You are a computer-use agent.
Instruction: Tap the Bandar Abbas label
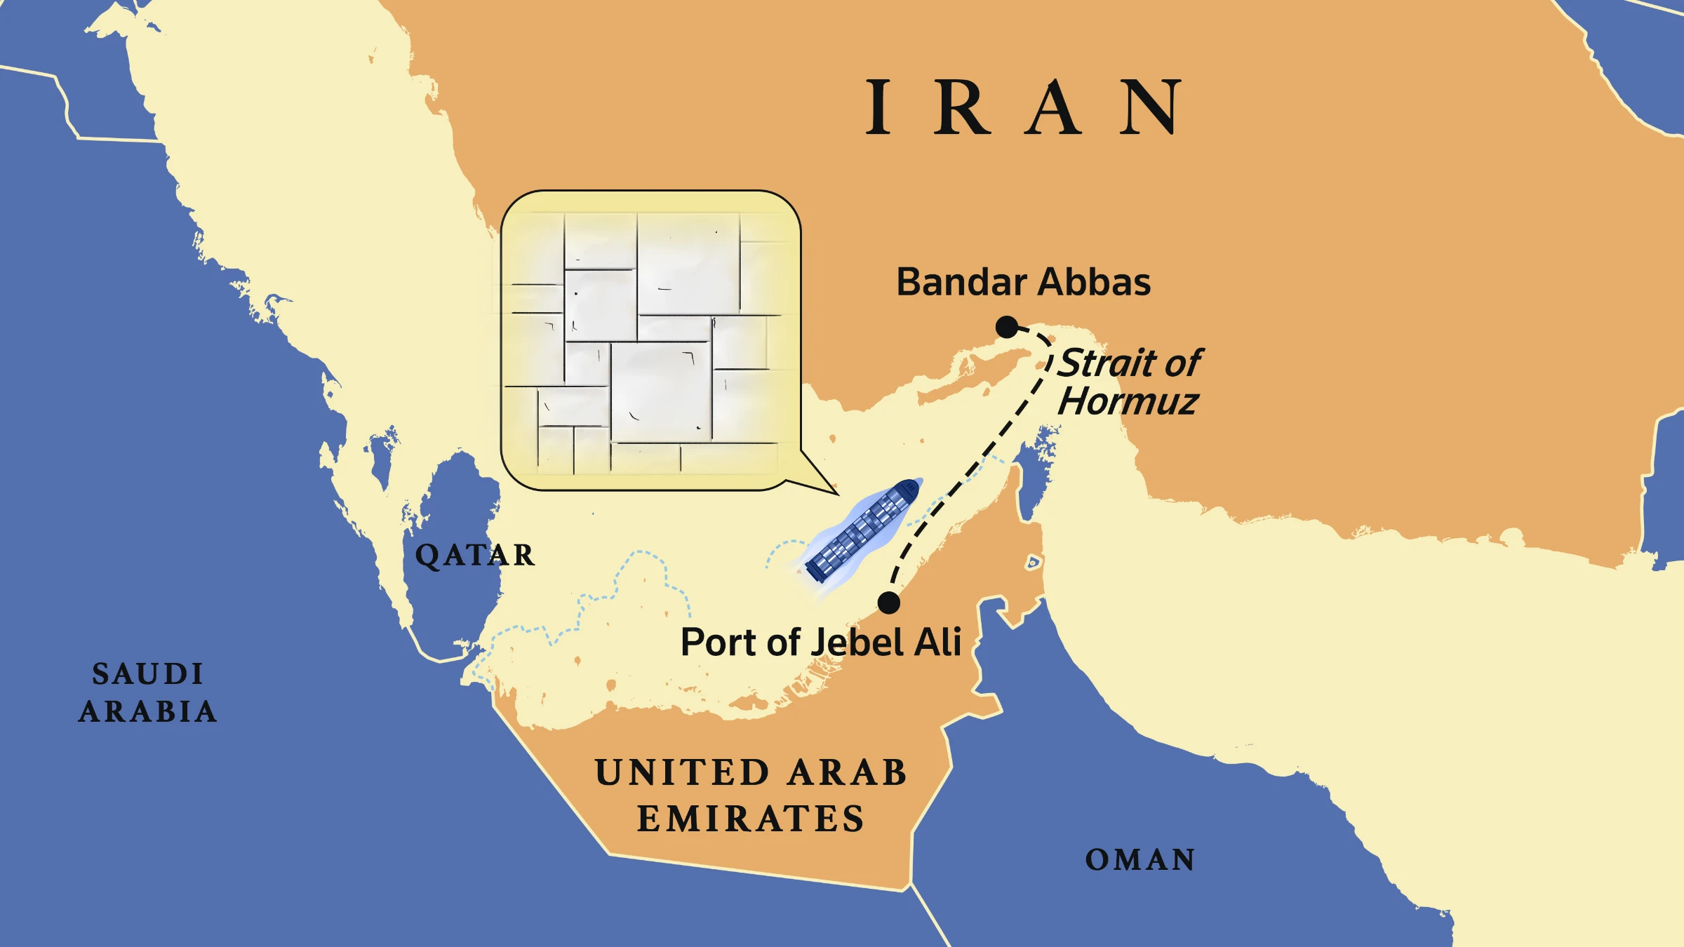(x=1023, y=282)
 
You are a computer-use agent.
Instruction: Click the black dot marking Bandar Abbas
(x=1007, y=327)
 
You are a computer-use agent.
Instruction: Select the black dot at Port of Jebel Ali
(x=888, y=603)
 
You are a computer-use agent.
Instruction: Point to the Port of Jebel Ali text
(x=820, y=642)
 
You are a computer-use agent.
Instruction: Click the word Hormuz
(x=1128, y=401)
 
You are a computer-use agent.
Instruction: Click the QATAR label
(x=474, y=556)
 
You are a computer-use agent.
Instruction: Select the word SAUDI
(x=147, y=674)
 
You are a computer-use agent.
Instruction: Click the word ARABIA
(x=147, y=712)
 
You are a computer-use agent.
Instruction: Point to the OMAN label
(x=1140, y=860)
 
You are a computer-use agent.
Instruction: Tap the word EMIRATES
(x=750, y=819)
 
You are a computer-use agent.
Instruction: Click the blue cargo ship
(x=862, y=530)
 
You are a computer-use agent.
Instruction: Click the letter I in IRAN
(x=878, y=107)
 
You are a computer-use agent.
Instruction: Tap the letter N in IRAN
(x=1151, y=107)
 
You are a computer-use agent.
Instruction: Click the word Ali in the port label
(x=937, y=642)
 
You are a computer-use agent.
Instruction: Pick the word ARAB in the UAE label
(x=847, y=772)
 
